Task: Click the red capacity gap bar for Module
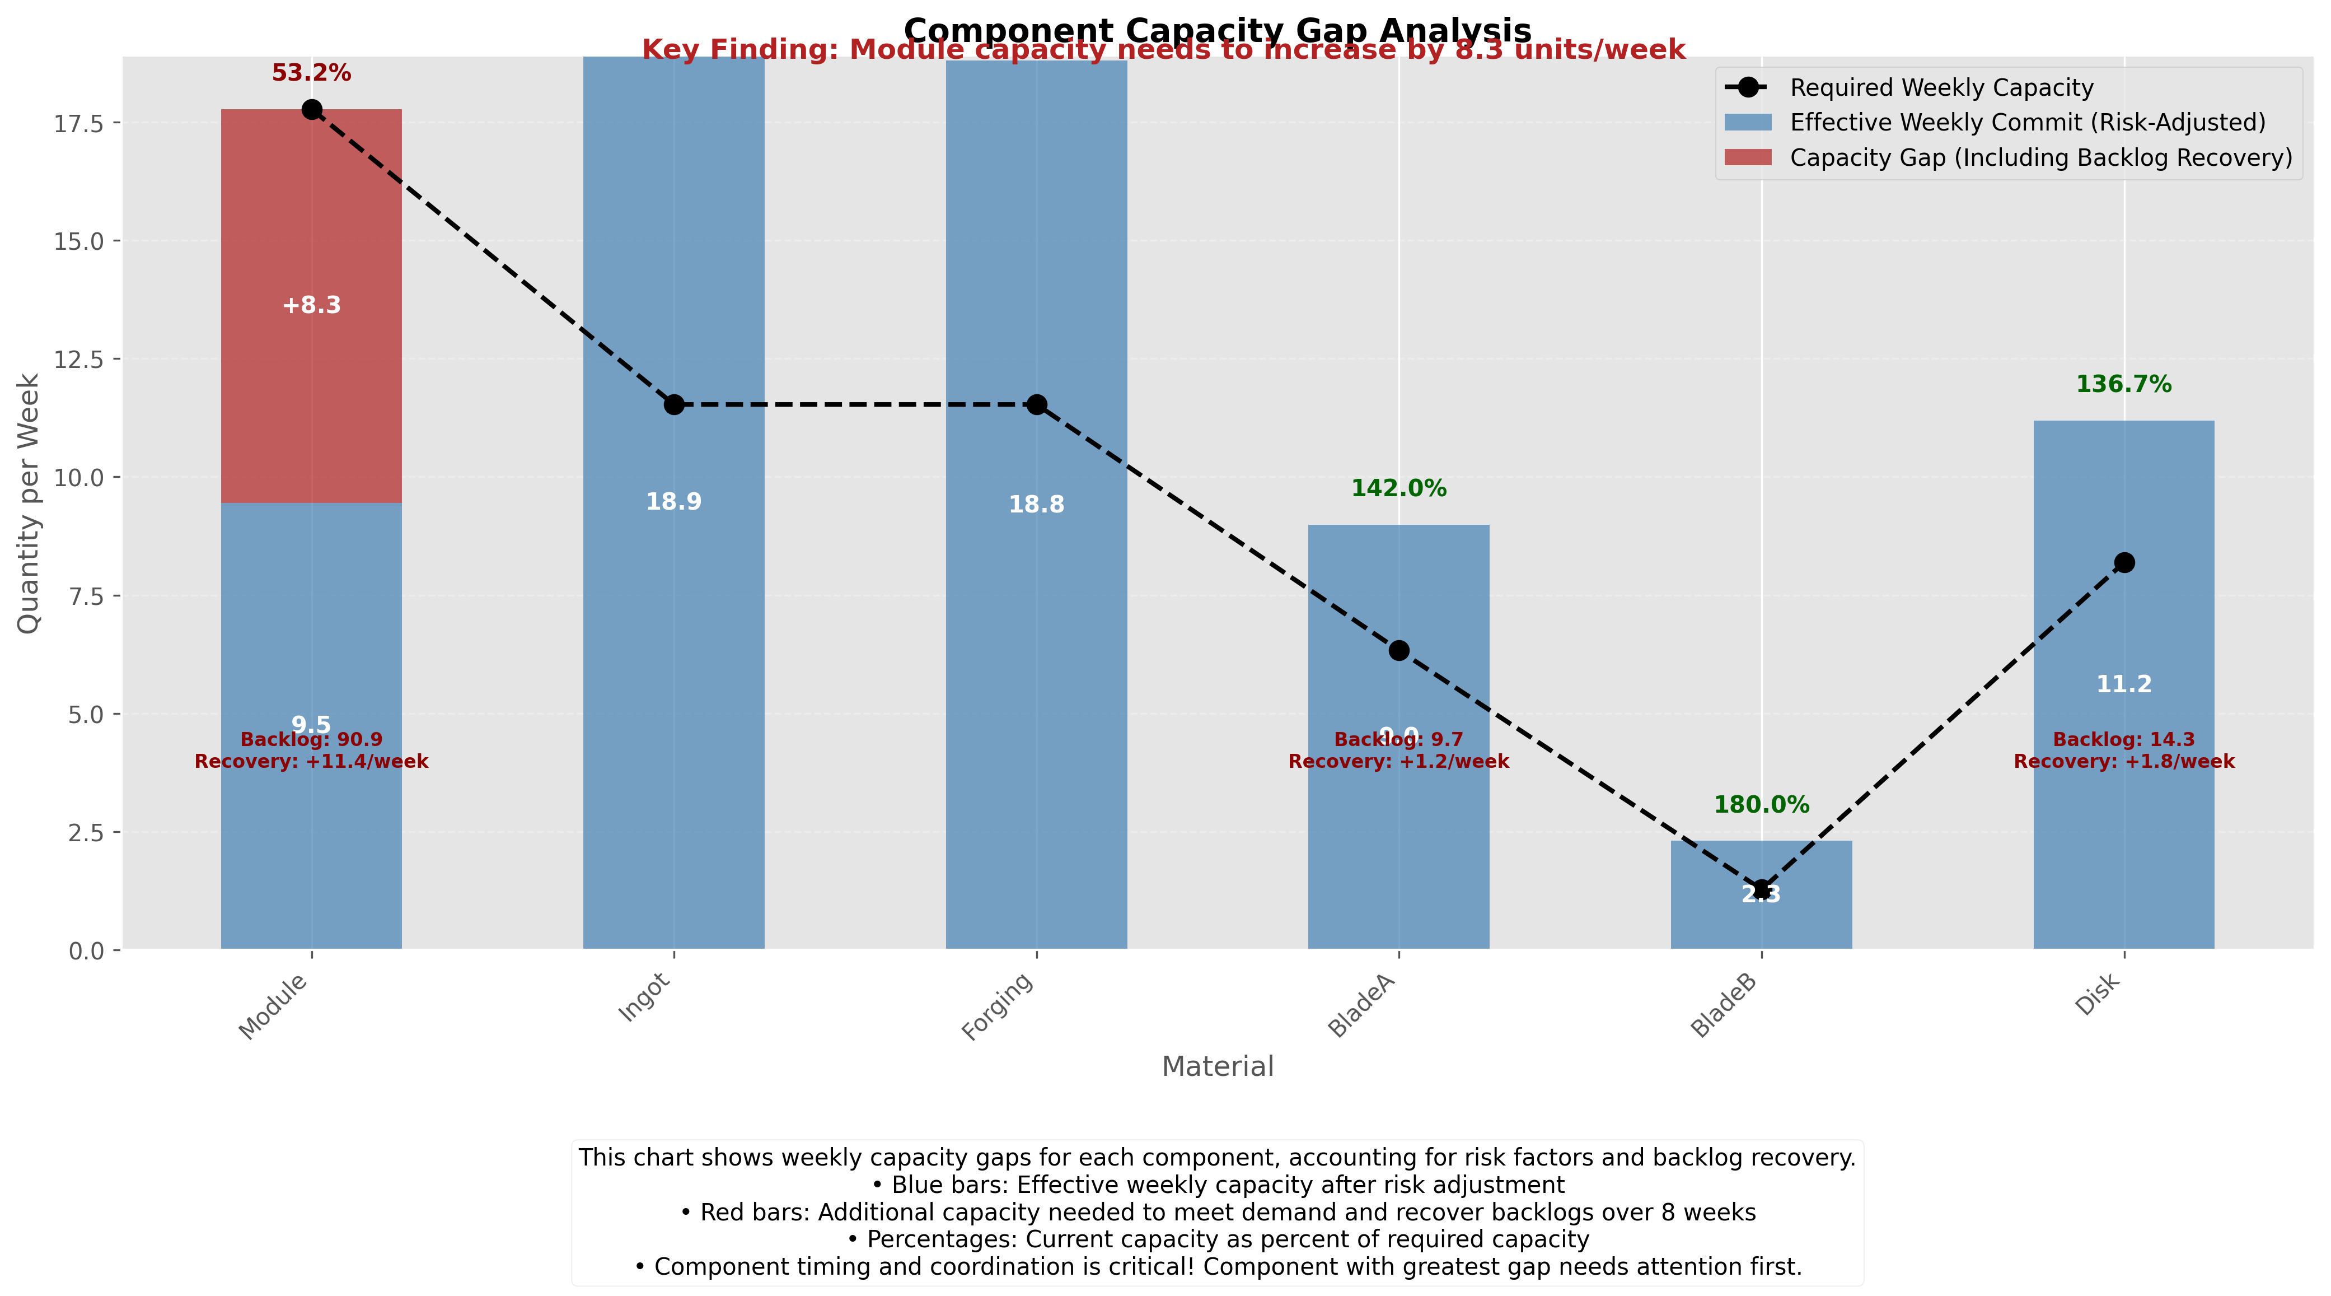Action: coord(311,226)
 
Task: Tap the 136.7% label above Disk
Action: coord(2123,385)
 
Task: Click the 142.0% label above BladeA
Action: coord(1398,489)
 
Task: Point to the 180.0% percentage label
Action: coord(1761,805)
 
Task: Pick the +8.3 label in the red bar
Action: coord(311,305)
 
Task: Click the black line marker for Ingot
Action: coord(674,404)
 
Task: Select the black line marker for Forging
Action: coord(1036,404)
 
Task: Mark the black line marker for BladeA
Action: coord(1398,650)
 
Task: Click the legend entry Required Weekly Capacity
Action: coord(1941,88)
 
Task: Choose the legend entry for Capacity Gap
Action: coord(2040,157)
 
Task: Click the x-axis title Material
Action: coord(1217,1066)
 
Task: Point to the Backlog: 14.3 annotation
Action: coord(2123,739)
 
